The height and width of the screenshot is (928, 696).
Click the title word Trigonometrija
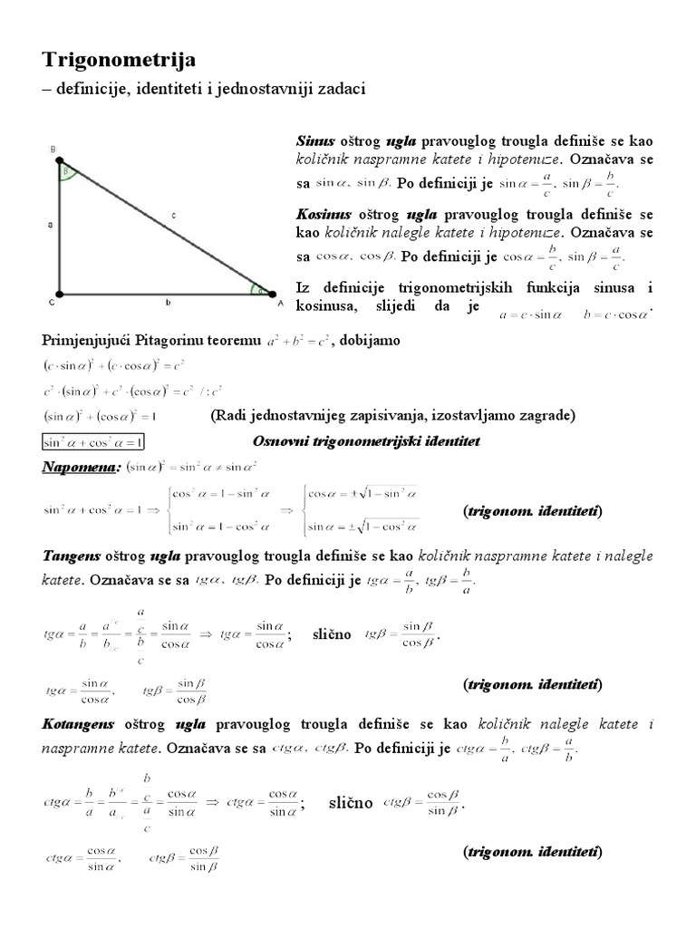[x=119, y=61]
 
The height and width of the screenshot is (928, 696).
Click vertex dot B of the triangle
[x=59, y=157]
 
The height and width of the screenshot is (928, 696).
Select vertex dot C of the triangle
[x=59, y=294]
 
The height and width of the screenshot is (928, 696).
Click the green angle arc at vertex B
[x=64, y=172]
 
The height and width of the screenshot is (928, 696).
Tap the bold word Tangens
[x=72, y=555]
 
